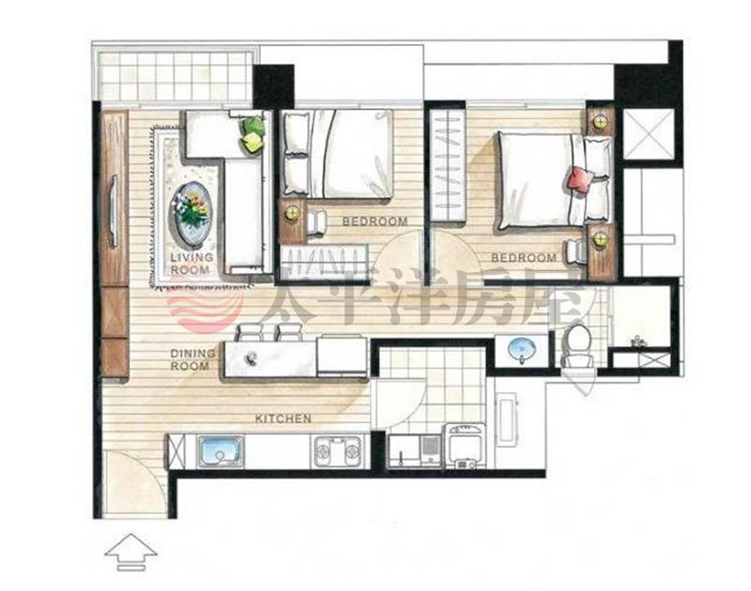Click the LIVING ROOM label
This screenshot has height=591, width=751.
tap(191, 264)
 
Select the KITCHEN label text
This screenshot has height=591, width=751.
tap(284, 418)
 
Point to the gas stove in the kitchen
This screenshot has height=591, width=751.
tap(337, 452)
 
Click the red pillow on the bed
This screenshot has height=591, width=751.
tap(579, 180)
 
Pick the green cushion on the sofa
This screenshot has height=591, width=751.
tap(253, 126)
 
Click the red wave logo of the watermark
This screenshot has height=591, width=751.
tap(206, 309)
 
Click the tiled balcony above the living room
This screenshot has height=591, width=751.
tap(174, 76)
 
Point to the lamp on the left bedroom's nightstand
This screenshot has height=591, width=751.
tap(291, 214)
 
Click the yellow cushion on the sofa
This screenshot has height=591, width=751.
tap(253, 143)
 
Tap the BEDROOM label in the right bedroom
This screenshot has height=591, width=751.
tap(524, 258)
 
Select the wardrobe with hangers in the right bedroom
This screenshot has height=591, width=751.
tap(447, 166)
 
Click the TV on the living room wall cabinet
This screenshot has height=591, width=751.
tap(114, 211)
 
